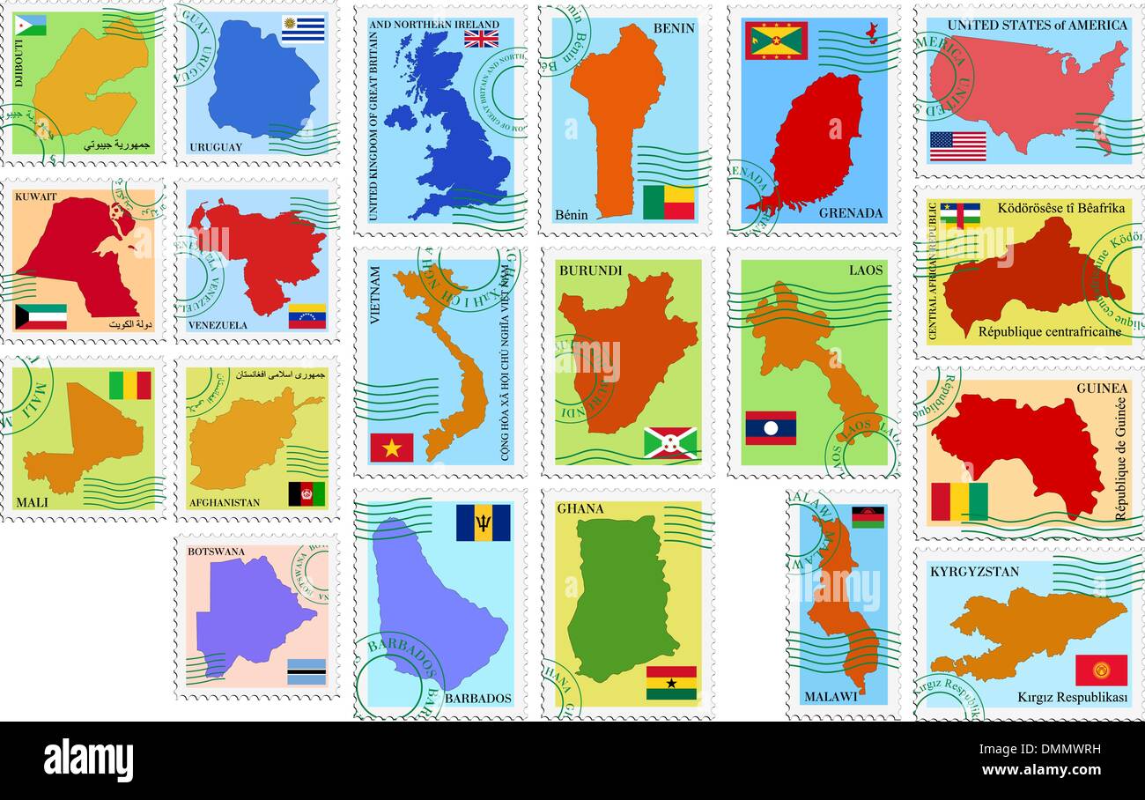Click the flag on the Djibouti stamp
click(31, 25)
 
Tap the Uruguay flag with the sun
click(303, 30)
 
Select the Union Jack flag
click(481, 38)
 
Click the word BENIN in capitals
click(674, 28)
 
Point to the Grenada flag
click(776, 41)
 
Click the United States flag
click(957, 146)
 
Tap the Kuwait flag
click(41, 316)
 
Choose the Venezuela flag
click(307, 316)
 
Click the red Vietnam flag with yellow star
click(391, 448)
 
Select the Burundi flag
click(669, 442)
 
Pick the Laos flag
click(771, 428)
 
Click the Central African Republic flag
click(959, 215)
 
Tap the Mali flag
click(130, 385)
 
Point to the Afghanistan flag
click(307, 494)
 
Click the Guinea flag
click(959, 502)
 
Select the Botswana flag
click(307, 671)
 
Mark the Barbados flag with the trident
click(483, 522)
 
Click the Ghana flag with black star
click(671, 683)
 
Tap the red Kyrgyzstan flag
click(1100, 670)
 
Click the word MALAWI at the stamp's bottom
click(830, 697)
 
